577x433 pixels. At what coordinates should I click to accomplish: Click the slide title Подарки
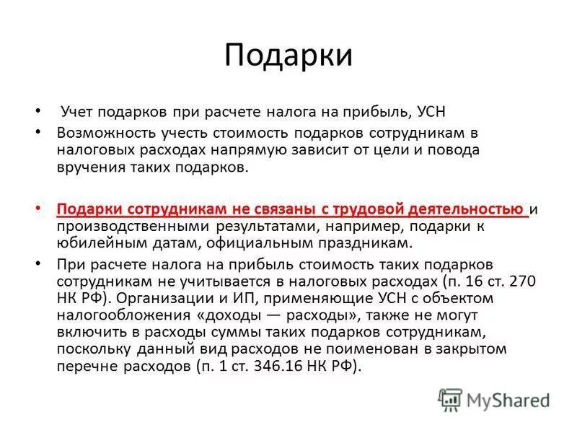(288, 56)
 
